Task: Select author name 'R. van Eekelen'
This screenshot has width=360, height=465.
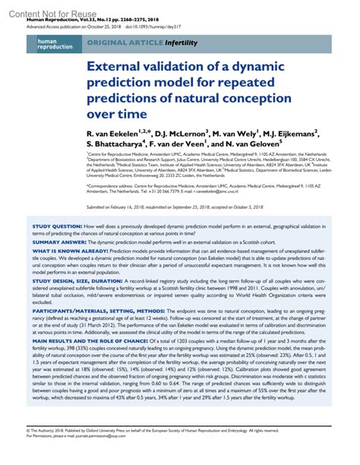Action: click(122, 133)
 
